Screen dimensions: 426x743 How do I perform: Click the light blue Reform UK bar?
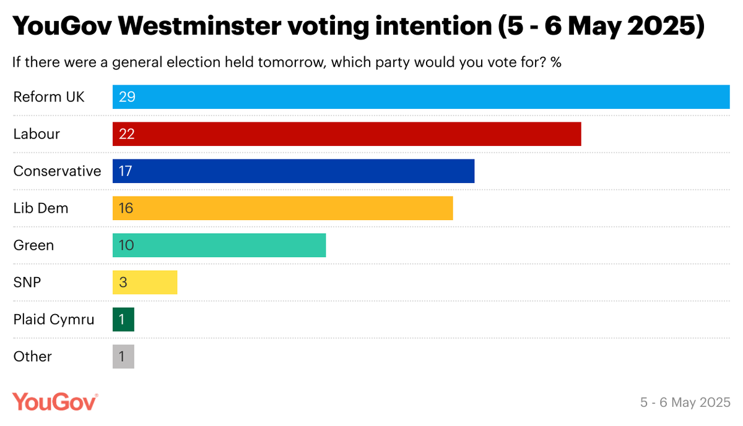coord(421,97)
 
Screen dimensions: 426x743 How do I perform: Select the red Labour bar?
coord(347,134)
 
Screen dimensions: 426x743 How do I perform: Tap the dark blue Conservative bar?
coord(293,171)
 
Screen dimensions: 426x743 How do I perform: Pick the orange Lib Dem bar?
coord(283,208)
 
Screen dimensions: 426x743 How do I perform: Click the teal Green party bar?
coord(219,245)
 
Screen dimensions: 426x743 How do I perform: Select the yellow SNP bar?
coord(145,283)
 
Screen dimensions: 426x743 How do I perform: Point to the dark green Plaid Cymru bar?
coord(123,320)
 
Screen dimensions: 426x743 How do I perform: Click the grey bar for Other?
coord(123,357)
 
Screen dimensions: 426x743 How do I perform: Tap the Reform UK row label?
coord(49,97)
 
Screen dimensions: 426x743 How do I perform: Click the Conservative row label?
coord(57,171)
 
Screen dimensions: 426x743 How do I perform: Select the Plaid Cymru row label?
coord(54,320)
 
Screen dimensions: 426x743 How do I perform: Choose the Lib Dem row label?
coord(41,208)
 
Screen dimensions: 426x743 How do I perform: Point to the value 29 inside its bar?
coord(127,97)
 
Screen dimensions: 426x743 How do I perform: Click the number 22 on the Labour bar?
coord(127,134)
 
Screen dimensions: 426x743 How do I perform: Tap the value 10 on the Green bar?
coord(126,245)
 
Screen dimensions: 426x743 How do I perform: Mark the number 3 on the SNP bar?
coord(123,283)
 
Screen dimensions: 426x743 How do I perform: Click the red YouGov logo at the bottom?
coord(55,401)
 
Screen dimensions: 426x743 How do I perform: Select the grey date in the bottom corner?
coord(685,403)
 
